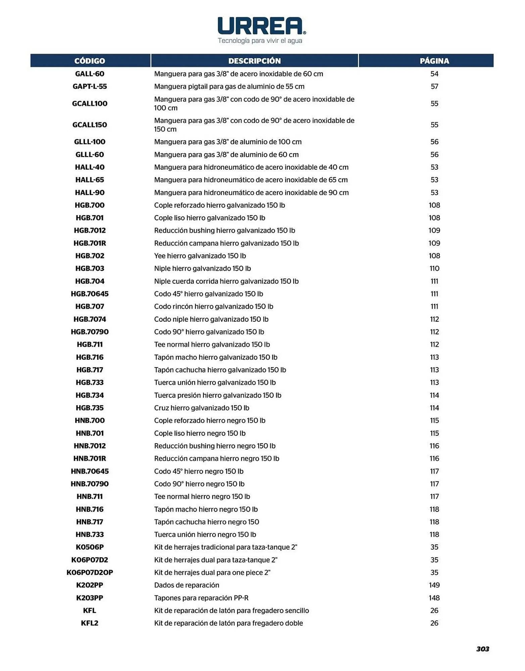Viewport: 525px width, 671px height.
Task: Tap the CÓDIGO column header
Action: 90,61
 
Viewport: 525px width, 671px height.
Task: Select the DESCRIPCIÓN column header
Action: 254,61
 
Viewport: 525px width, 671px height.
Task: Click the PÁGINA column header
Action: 434,61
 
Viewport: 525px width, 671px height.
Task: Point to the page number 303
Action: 482,649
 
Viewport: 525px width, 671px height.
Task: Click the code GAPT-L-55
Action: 90,87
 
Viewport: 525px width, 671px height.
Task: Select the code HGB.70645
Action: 90,294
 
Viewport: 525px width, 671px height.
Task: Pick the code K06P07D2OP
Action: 90,572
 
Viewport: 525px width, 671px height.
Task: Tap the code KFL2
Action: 90,623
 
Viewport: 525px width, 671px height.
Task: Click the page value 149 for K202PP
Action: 434,585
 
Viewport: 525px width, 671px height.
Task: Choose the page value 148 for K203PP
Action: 434,598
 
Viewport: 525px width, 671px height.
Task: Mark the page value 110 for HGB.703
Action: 434,268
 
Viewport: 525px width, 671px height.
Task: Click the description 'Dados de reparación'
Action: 187,585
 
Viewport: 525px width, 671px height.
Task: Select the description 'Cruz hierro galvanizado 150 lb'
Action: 202,408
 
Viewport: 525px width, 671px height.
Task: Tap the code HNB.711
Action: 90,497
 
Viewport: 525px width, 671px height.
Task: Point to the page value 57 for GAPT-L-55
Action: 434,87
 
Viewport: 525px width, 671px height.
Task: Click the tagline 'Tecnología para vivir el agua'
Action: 260,41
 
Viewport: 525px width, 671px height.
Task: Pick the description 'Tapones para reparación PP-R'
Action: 201,598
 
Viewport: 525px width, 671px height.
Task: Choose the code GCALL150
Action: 90,125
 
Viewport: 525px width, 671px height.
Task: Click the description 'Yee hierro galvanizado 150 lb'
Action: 200,256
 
